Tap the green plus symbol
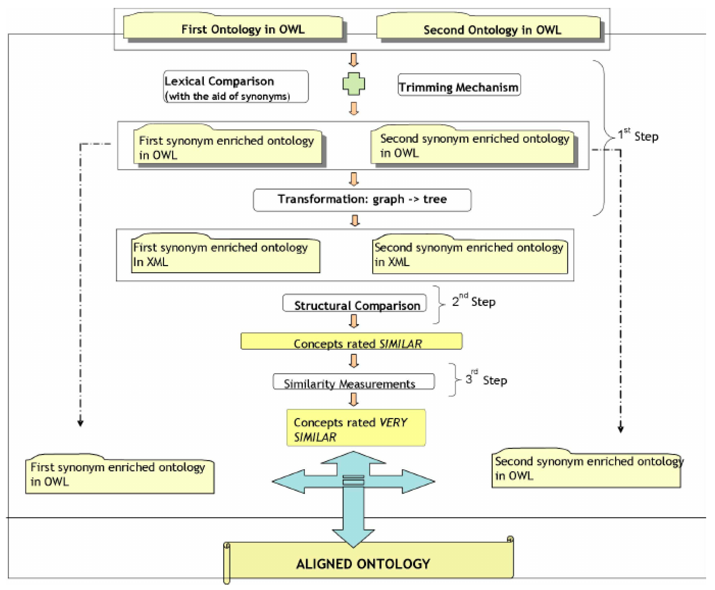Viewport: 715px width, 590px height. coord(354,84)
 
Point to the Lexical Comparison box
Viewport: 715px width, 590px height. coord(236,87)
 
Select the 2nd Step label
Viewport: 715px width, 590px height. coord(474,301)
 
